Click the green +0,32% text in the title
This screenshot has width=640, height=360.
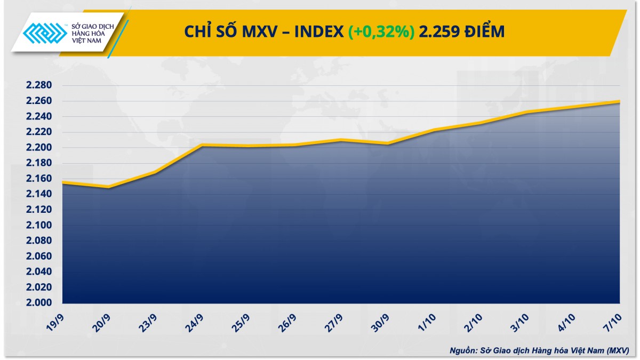point(381,32)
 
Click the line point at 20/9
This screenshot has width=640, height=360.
point(109,187)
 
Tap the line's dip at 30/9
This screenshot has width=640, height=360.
point(388,143)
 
